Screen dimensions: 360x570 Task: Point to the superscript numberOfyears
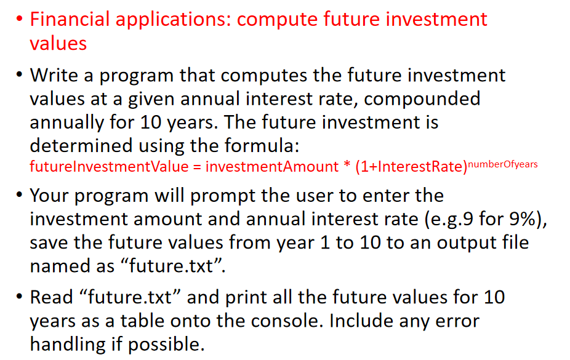(503, 164)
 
